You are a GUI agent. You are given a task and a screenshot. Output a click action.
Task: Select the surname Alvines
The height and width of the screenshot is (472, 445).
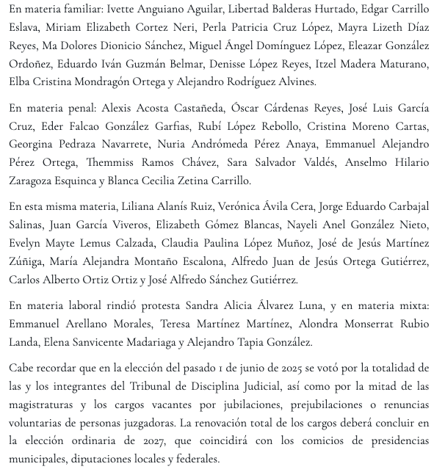(291, 82)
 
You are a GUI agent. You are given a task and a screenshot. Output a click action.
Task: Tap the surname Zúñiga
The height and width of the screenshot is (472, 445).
(26, 261)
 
